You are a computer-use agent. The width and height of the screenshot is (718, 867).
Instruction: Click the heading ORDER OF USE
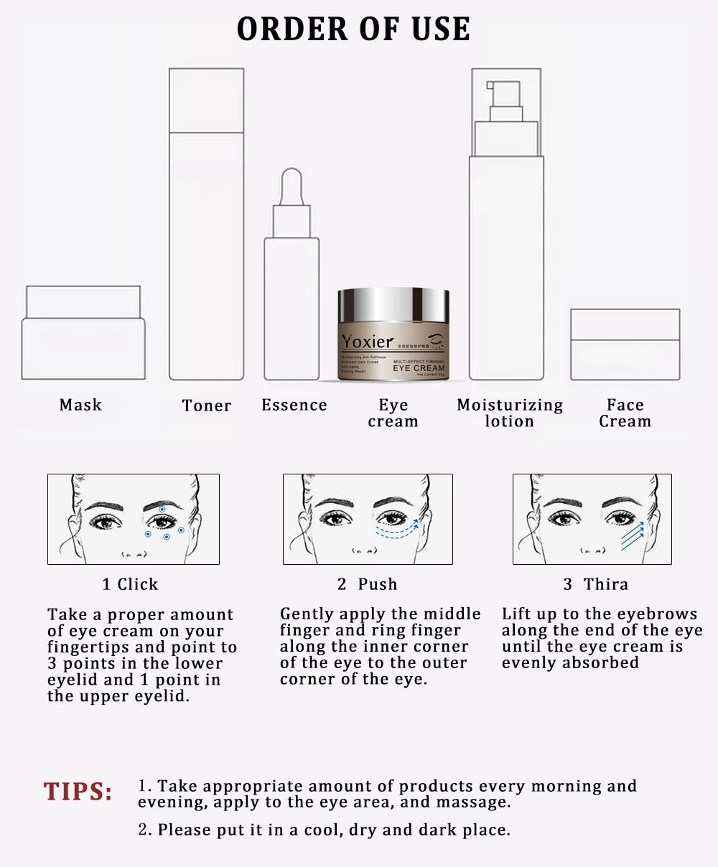click(353, 29)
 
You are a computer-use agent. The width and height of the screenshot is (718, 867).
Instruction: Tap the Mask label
click(80, 405)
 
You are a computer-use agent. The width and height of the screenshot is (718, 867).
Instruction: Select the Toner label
click(207, 406)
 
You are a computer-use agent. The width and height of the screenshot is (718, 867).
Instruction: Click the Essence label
click(294, 405)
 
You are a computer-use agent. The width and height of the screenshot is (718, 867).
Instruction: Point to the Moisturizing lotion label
click(510, 413)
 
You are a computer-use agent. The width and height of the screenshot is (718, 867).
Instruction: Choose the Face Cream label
click(625, 413)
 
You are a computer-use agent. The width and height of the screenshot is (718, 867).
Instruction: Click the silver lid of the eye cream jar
click(393, 305)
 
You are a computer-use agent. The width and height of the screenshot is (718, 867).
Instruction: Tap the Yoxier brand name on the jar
click(368, 342)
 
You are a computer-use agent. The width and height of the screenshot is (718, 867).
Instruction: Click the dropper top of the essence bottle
click(292, 187)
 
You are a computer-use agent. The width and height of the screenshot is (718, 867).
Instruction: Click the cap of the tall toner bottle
click(206, 100)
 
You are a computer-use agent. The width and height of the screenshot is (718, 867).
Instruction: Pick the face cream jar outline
click(625, 345)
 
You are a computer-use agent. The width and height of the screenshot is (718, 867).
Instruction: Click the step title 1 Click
click(130, 584)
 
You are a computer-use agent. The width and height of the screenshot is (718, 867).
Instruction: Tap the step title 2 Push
click(367, 584)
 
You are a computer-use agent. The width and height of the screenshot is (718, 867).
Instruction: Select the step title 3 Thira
click(595, 584)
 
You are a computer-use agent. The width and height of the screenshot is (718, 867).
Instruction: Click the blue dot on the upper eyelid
click(162, 509)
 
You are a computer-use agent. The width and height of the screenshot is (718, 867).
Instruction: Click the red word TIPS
click(78, 792)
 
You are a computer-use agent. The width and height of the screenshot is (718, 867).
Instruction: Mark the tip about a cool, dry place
click(324, 830)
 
